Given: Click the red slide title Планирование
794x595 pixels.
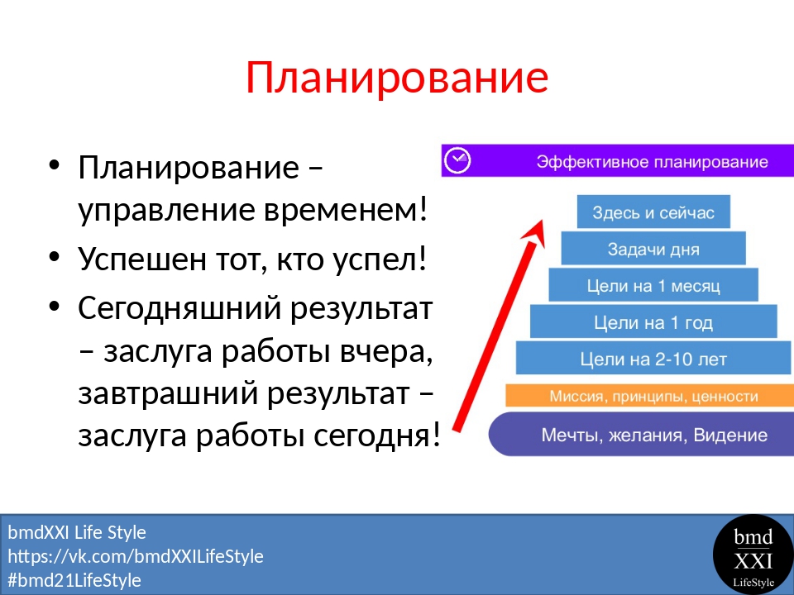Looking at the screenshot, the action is (397, 78).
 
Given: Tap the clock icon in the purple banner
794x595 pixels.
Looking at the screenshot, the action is (457, 160).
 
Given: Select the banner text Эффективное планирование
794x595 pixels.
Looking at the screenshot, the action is (653, 162).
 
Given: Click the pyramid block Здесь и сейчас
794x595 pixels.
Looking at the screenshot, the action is (653, 212).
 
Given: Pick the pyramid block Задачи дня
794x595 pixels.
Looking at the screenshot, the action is (653, 249).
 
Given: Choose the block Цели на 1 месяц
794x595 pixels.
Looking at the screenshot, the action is (653, 285).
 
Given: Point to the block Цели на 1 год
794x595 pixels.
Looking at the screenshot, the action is (653, 321).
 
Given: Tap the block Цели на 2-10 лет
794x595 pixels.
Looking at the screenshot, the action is (653, 359).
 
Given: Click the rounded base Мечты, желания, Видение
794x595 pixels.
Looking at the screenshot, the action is (641, 434).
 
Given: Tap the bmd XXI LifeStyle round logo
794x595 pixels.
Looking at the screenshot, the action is (753, 555).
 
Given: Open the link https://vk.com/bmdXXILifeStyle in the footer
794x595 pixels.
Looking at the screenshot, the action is (136, 556).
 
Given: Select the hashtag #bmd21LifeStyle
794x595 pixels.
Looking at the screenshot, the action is (74, 580).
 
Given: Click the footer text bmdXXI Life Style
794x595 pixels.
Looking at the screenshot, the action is (77, 532).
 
